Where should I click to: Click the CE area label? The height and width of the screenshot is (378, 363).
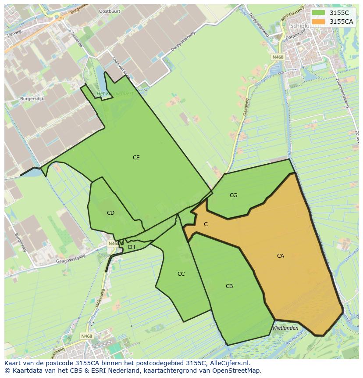coord(136,158)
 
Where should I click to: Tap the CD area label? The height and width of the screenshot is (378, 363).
coord(110,213)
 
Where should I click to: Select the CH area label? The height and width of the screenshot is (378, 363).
coord(131,247)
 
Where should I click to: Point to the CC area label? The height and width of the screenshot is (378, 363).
coord(181,274)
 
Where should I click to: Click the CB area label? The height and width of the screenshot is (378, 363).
coord(229,286)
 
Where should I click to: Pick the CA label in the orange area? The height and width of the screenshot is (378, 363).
coord(281,256)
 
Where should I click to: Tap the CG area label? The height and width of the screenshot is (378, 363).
coord(234,195)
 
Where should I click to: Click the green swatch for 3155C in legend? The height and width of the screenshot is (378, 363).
coord(319,13)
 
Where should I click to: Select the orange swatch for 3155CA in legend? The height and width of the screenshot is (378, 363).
coord(319,22)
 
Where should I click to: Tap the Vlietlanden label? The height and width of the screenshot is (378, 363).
coord(285,328)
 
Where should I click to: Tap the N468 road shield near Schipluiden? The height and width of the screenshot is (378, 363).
coord(278,57)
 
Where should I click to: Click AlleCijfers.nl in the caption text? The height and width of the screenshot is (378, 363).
coord(229,363)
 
